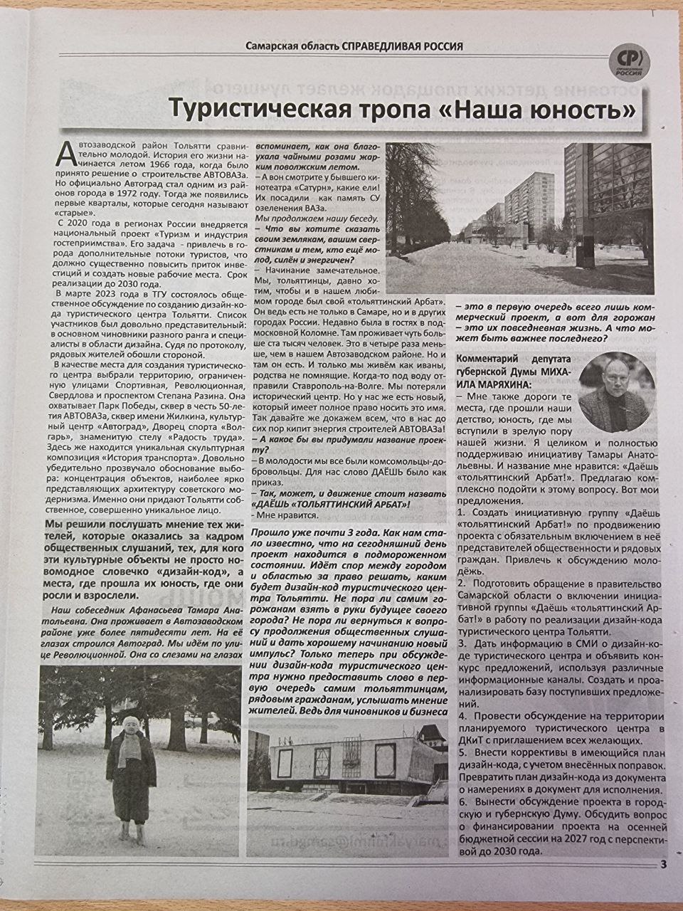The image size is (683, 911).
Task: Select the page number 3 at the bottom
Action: tap(662, 865)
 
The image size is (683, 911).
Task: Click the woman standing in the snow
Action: tap(130, 776)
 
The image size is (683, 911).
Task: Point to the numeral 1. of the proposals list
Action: tap(460, 512)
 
